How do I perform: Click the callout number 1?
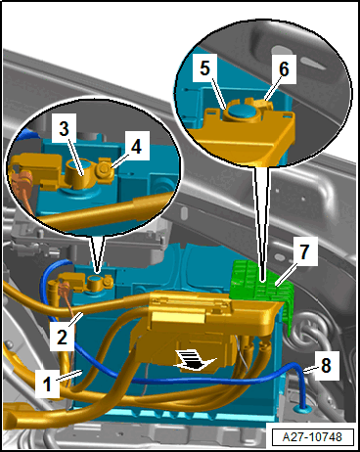tap(47, 384)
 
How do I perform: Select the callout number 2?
tap(62, 338)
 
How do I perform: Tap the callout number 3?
tap(65, 129)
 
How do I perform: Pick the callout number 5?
tap(204, 68)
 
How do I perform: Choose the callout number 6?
tap(284, 69)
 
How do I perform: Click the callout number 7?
tap(304, 251)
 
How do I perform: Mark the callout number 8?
tap(326, 366)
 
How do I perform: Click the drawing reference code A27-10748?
tap(312, 436)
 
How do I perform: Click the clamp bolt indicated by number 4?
tap(106, 168)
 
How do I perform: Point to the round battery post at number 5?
tap(243, 111)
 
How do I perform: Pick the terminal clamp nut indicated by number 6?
tap(263, 105)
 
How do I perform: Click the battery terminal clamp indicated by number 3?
tap(81, 173)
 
